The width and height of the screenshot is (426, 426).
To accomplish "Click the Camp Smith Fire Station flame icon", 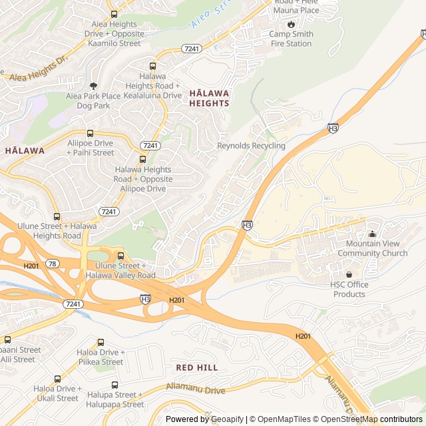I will (x=291, y=23).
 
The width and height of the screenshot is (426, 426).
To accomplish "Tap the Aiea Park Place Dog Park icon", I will (x=93, y=86).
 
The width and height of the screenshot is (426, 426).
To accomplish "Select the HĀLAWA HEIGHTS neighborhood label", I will (x=209, y=98).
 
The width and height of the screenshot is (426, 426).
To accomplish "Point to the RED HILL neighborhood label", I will (x=197, y=367).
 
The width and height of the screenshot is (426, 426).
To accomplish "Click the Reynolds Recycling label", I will (x=251, y=146).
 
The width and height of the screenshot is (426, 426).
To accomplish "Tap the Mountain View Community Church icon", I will (x=372, y=234).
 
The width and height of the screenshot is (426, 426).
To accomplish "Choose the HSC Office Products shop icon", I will (x=348, y=274).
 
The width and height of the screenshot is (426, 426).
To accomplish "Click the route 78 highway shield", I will (x=53, y=264).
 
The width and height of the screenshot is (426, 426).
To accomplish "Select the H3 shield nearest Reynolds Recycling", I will (x=333, y=128).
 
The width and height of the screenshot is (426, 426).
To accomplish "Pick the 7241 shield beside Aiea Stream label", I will (x=191, y=49).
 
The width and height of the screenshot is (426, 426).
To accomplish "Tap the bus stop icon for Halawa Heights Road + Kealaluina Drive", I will (x=152, y=66).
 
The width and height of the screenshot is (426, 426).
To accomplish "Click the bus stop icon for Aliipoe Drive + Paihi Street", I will (x=90, y=133).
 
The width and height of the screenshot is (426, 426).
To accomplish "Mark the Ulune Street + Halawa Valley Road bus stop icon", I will (x=120, y=256).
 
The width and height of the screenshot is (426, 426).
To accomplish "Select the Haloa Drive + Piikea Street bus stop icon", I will (x=101, y=342).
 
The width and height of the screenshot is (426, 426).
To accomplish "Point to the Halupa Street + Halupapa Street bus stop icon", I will (x=115, y=385).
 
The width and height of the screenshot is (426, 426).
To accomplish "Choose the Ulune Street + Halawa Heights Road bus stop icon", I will (x=57, y=216).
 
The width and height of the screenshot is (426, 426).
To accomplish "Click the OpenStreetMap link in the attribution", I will (x=347, y=419).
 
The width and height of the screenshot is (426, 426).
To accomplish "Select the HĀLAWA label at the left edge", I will (x=25, y=150).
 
